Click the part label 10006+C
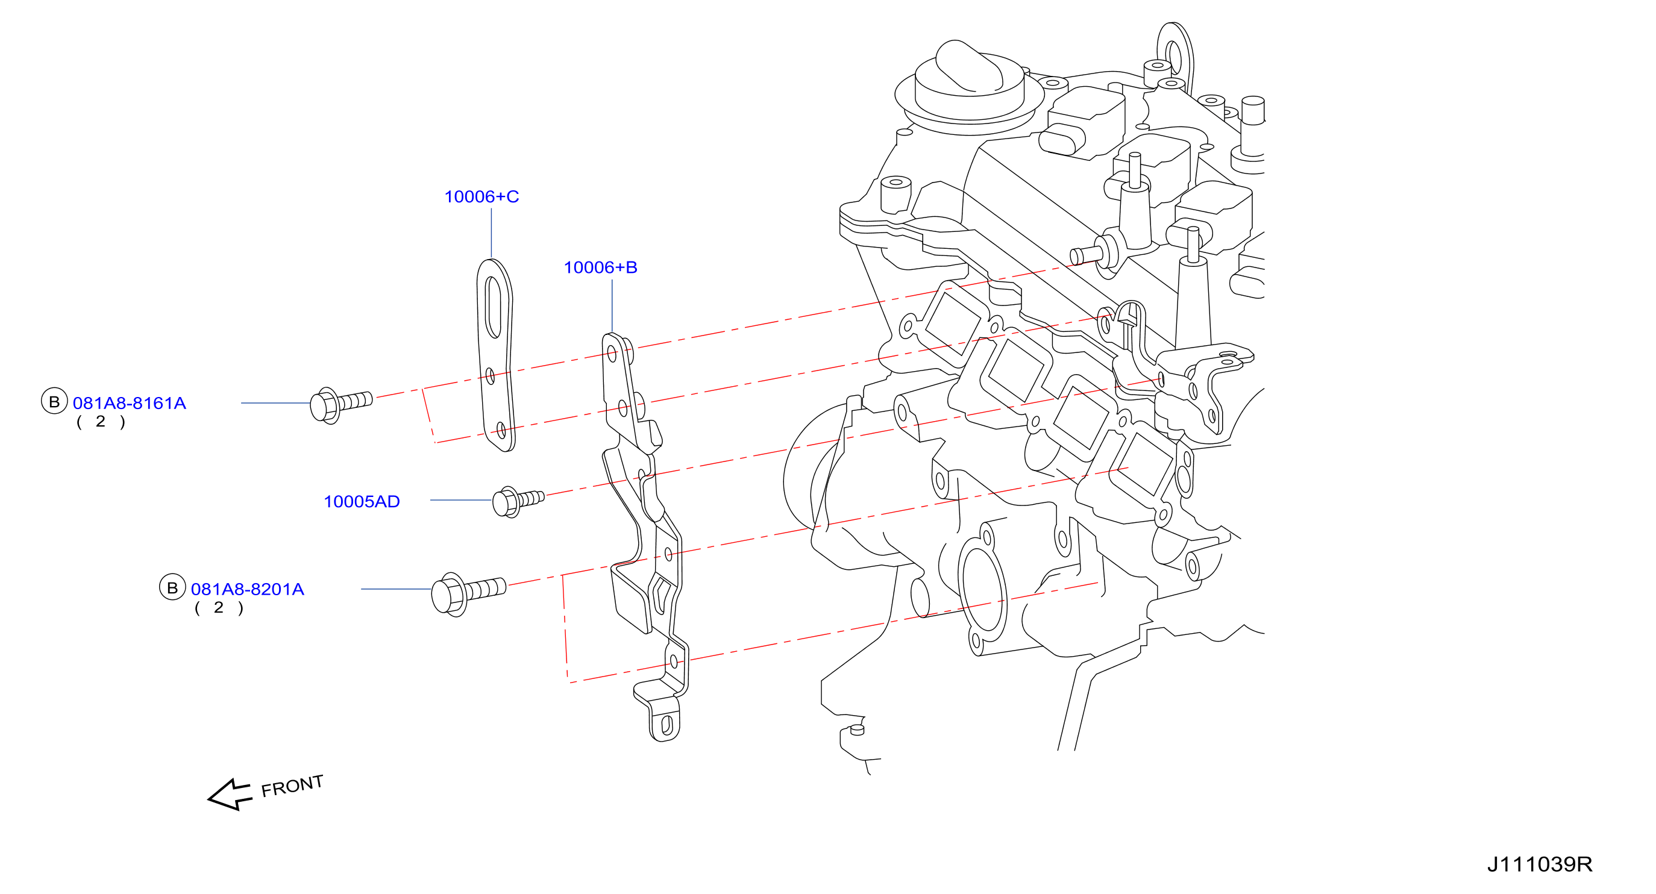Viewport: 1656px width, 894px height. pos(481,196)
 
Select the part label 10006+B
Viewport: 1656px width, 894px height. pos(600,267)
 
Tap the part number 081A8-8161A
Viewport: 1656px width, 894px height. pos(129,403)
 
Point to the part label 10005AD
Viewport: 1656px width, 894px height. pos(362,501)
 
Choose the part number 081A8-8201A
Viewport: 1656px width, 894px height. pos(248,589)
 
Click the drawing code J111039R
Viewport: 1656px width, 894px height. pos(1540,864)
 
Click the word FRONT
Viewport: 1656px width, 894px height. pos(292,786)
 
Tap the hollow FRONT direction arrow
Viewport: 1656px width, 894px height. pos(230,795)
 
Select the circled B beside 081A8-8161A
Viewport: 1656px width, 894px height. pos(55,402)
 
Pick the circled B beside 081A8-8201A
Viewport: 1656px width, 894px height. pos(172,587)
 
